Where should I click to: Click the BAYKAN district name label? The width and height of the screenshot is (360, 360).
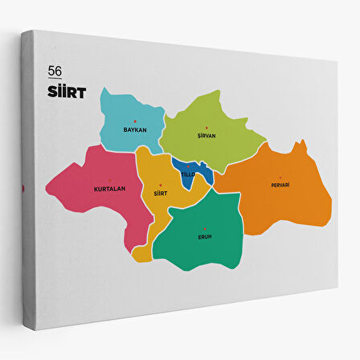(134, 129)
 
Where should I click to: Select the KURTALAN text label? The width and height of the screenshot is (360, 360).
(109, 188)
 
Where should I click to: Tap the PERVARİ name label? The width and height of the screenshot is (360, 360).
(280, 185)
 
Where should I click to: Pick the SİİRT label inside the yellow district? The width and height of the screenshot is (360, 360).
(159, 193)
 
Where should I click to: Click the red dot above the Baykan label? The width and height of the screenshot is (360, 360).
(135, 122)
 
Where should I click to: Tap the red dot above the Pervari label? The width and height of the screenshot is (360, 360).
(280, 178)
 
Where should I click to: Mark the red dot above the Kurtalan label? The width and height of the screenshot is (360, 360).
(109, 182)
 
